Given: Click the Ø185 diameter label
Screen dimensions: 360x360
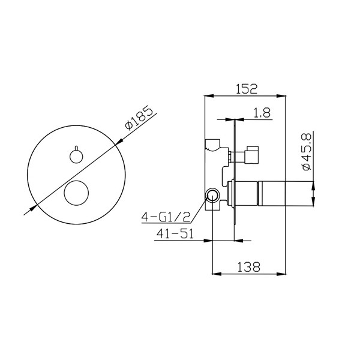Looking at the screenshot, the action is [x=139, y=118].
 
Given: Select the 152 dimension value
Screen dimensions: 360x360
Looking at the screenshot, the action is [x=247, y=89].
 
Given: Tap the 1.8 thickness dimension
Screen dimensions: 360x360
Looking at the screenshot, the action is [x=262, y=113].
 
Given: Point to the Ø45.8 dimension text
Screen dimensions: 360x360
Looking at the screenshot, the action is [x=307, y=152].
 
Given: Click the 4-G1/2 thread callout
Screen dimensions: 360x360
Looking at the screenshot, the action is [x=166, y=217].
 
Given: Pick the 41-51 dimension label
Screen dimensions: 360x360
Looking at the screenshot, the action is [x=175, y=234].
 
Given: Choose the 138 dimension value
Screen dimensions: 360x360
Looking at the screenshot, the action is [x=248, y=267].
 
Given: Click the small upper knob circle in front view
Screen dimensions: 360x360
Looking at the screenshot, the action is [x=76, y=157].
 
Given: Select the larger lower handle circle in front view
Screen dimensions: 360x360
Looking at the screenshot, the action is [x=76, y=193].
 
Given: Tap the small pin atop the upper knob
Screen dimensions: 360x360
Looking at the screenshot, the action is [x=76, y=148].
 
